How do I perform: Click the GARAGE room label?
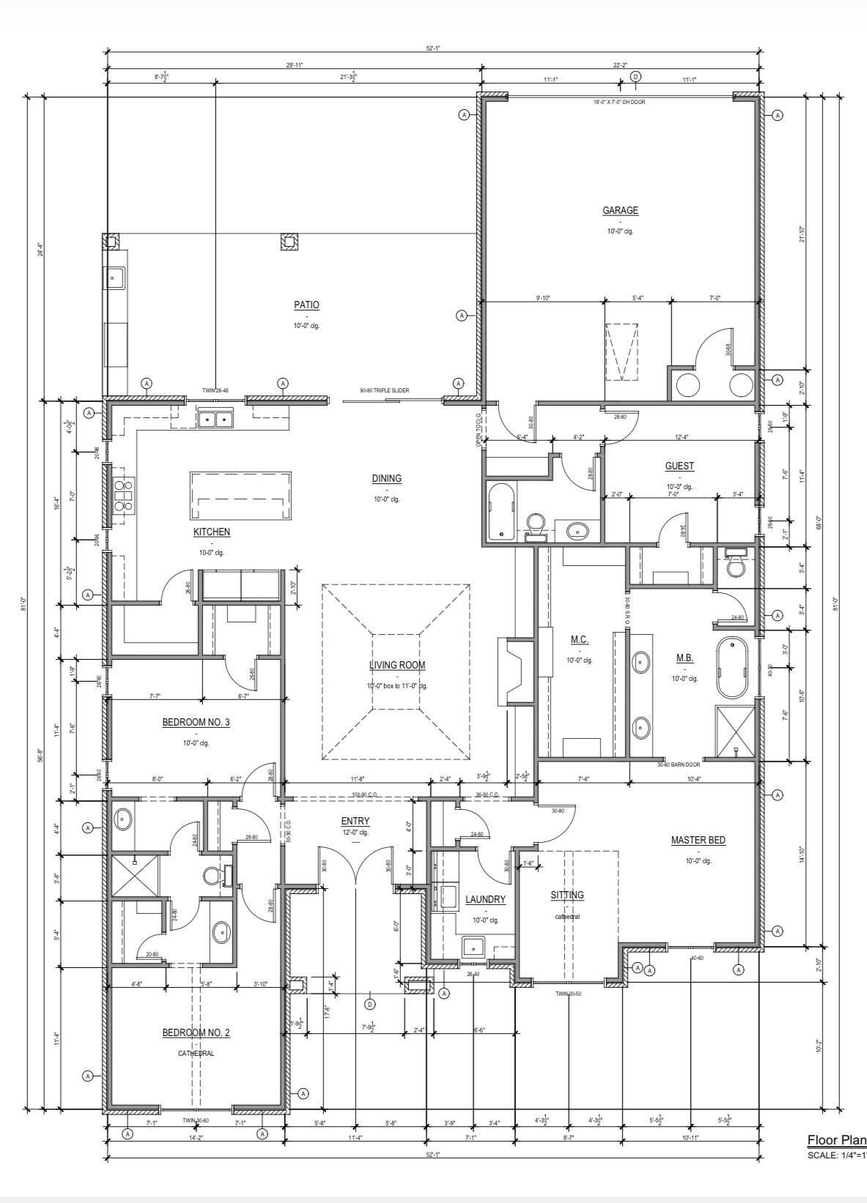click(620, 211)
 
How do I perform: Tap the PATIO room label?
click(306, 305)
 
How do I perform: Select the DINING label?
click(386, 479)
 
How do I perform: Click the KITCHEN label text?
click(212, 532)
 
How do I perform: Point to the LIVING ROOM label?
click(396, 666)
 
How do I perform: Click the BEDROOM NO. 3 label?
click(196, 723)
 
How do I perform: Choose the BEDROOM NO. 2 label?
click(196, 1033)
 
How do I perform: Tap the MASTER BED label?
click(698, 841)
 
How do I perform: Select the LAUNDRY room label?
click(485, 899)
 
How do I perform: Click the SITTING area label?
click(567, 895)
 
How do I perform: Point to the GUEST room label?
click(679, 466)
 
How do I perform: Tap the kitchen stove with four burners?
click(123, 494)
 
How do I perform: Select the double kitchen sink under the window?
click(214, 420)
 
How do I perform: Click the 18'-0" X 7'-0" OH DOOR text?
click(619, 103)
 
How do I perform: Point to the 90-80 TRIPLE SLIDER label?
click(384, 391)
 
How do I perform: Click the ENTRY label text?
click(355, 822)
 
